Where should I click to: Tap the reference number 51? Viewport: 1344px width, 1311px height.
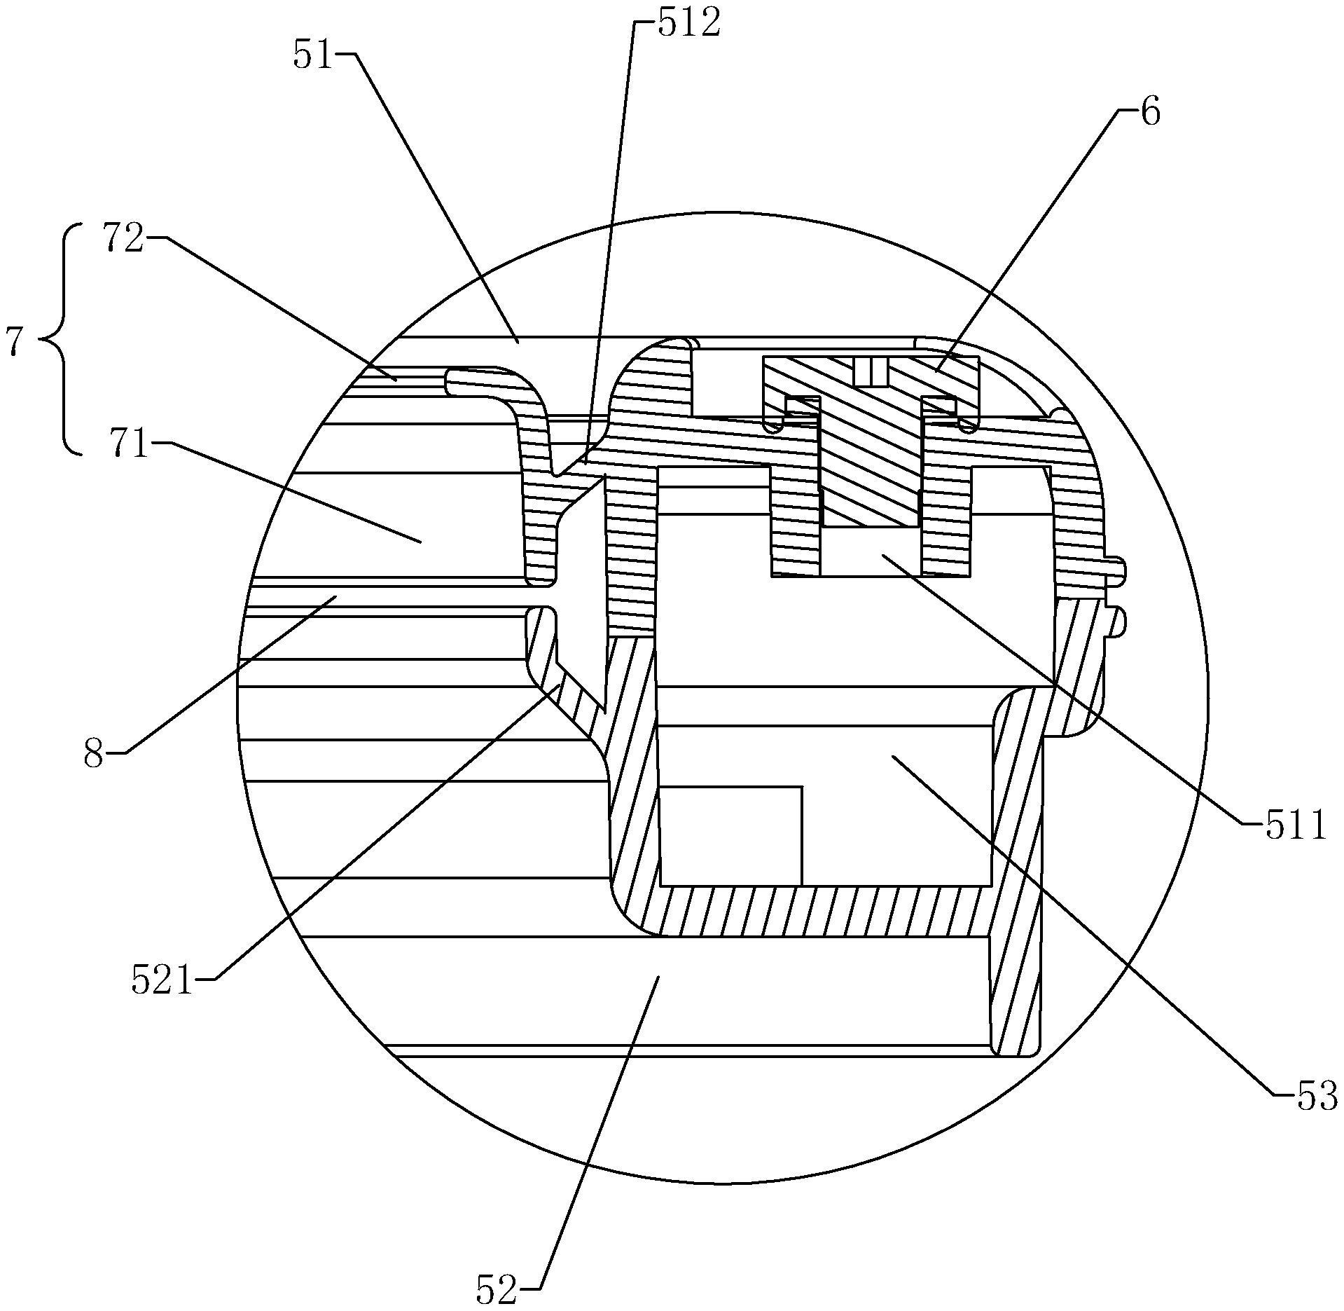tap(313, 55)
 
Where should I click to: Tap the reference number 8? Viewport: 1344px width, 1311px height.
tap(94, 755)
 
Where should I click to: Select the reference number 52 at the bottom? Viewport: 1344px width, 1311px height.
tap(498, 1289)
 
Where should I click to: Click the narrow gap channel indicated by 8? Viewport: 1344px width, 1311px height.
tap(392, 596)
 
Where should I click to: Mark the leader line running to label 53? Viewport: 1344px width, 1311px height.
tap(1093, 924)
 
